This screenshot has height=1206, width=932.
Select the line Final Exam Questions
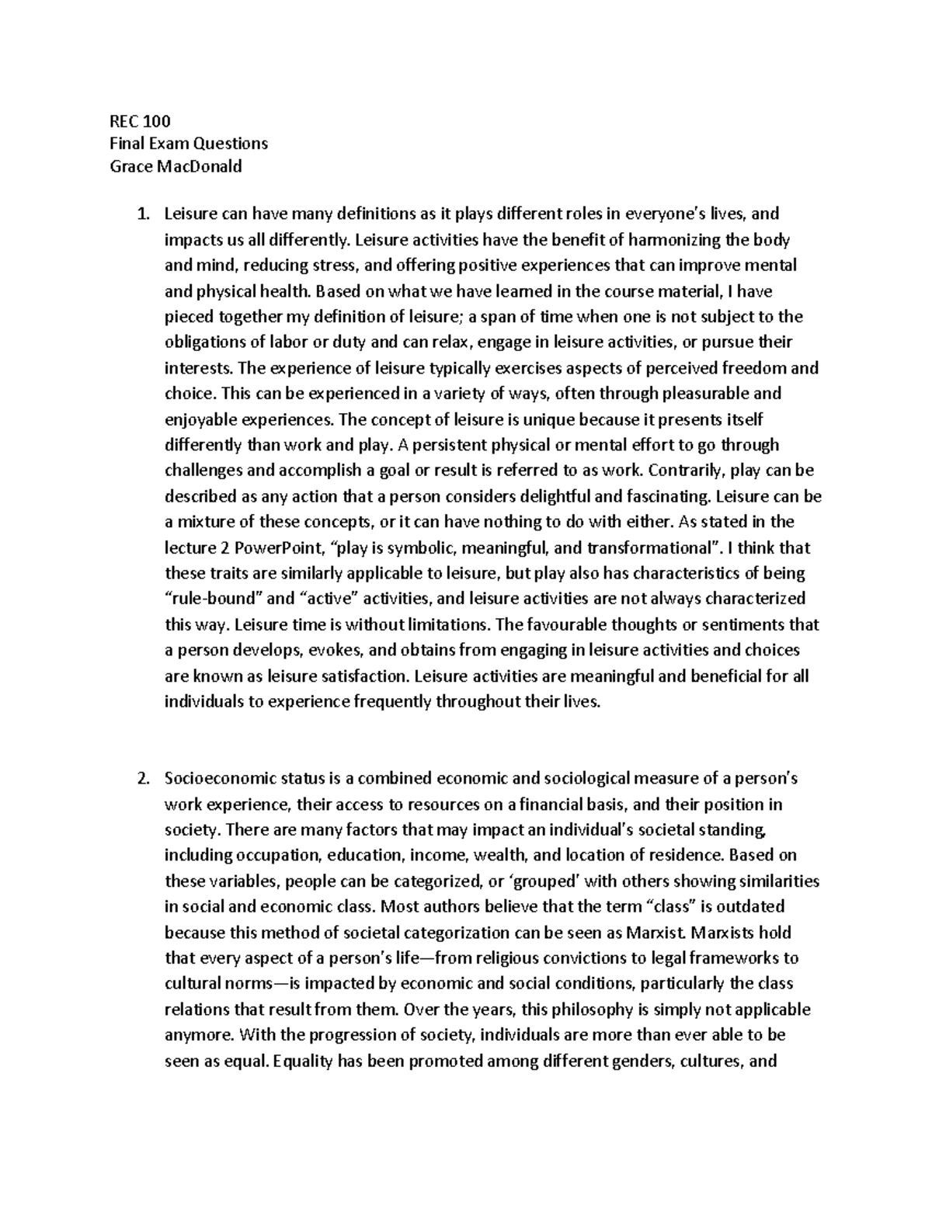pyautogui.click(x=188, y=143)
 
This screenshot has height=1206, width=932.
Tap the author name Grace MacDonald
pyautogui.click(x=176, y=165)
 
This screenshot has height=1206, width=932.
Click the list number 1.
pyautogui.click(x=141, y=214)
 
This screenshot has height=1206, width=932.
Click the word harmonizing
pyautogui.click(x=675, y=240)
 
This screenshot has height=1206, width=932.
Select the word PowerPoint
pyautogui.click(x=273, y=548)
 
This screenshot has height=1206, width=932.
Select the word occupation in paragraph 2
pyautogui.click(x=284, y=856)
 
